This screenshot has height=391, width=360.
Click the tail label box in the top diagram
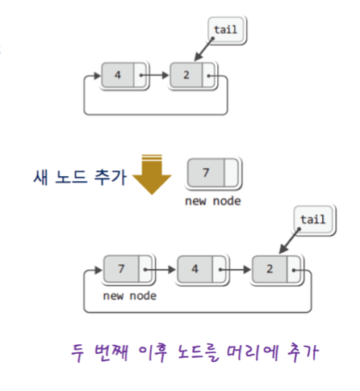227,30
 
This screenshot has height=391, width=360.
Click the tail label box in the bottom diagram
314,220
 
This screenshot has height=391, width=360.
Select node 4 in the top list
124,75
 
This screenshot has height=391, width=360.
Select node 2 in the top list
193,75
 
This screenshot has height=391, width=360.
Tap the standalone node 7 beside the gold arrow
213,173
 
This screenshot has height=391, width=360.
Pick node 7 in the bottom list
128,269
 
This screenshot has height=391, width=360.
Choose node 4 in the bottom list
202,269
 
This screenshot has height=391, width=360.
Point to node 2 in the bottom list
277,269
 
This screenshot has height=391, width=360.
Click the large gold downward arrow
152,174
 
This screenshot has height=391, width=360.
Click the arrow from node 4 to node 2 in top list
154,75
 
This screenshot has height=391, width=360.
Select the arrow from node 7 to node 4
161,269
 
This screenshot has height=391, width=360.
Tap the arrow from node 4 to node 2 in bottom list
235,269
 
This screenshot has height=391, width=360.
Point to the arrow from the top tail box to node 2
203,49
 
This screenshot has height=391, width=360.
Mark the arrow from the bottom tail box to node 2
289,241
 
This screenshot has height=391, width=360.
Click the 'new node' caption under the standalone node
213,201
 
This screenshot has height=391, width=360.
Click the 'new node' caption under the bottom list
129,296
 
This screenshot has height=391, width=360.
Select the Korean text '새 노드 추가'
80,178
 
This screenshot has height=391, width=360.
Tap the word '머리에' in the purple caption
253,352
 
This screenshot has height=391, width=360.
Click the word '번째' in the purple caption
111,352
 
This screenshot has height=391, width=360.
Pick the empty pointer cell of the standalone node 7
231,173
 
